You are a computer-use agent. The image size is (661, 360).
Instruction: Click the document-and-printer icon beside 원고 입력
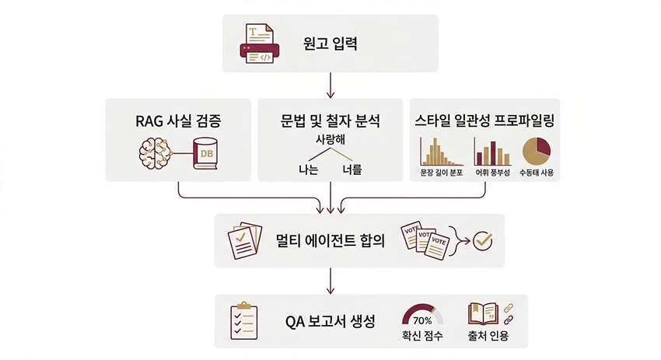258,43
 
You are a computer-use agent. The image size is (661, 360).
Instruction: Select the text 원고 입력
330,43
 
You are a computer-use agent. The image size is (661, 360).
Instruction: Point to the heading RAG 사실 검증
177,121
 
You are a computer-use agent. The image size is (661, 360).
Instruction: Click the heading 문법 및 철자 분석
330,121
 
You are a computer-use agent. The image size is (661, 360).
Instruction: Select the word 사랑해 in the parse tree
330,140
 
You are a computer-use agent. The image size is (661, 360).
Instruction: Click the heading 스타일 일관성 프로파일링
484,121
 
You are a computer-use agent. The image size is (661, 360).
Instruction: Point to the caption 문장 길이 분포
441,173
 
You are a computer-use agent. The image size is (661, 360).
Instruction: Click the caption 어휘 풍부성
492,173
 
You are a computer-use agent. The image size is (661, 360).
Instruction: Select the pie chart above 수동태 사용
536,150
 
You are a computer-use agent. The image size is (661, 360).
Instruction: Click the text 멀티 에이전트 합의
330,240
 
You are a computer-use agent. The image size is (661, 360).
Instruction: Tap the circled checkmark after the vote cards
483,240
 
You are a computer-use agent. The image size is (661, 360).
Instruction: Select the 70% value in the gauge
422,320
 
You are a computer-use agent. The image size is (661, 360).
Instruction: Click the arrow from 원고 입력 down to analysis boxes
331,84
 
